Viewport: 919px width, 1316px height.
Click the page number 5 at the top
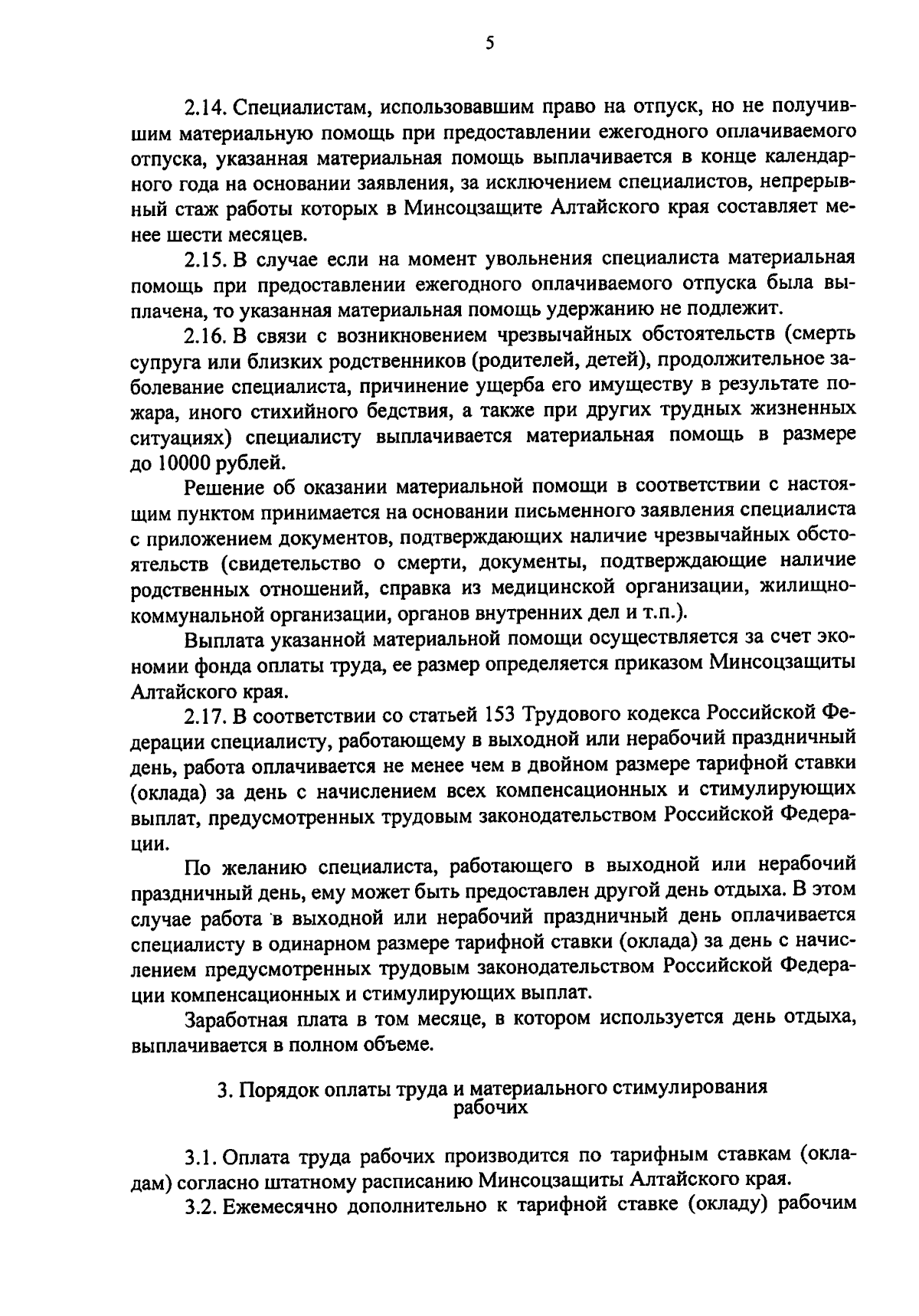click(x=489, y=44)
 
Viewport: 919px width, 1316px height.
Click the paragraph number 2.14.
click(x=203, y=106)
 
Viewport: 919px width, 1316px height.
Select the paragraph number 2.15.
click(x=203, y=258)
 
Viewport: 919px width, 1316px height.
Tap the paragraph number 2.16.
click(x=203, y=335)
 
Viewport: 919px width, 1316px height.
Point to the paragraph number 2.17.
click(x=203, y=715)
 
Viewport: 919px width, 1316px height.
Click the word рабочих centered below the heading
click(x=491, y=1107)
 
